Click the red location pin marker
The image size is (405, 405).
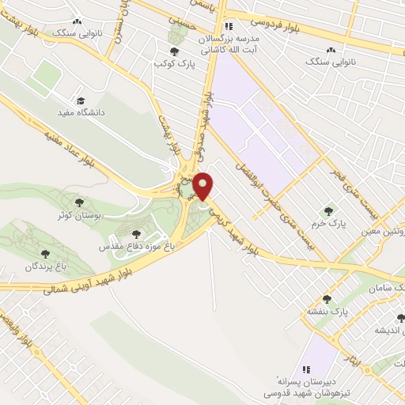coord(203,185)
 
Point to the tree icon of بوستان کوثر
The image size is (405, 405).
coord(78,202)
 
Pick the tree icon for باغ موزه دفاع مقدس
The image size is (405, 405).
coord(136,234)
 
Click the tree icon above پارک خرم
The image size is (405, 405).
coord(329,211)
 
